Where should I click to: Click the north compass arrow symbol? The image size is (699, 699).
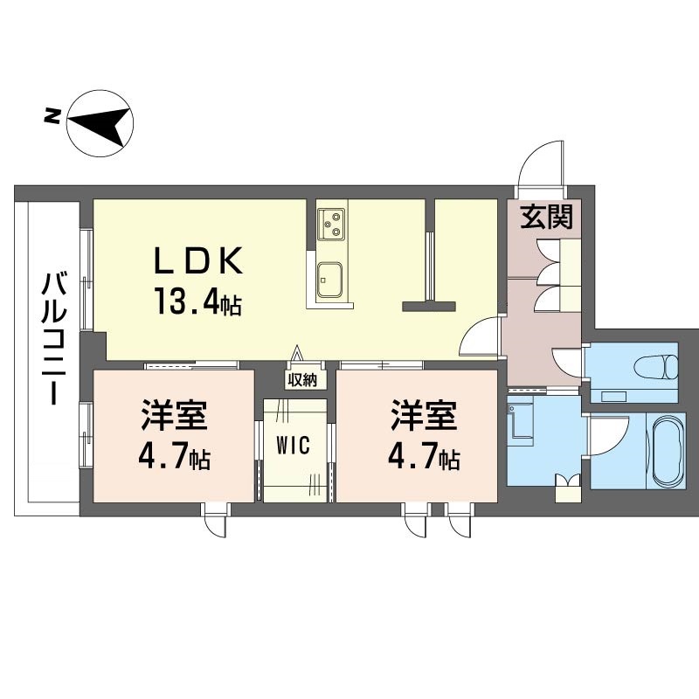[100, 123]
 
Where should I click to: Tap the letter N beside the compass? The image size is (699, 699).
[52, 116]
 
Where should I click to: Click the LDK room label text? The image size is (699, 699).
[198, 260]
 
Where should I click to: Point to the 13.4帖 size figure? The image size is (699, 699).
[198, 301]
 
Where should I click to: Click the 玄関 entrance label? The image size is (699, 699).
[547, 217]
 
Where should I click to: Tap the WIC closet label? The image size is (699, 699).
[293, 445]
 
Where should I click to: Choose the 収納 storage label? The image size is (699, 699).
[301, 381]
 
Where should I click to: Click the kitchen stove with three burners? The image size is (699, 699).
[332, 225]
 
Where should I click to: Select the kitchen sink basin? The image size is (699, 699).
[330, 280]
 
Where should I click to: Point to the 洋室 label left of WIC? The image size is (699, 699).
[174, 415]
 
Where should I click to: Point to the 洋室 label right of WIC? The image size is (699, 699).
[424, 415]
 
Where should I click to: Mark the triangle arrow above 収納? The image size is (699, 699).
[296, 354]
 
